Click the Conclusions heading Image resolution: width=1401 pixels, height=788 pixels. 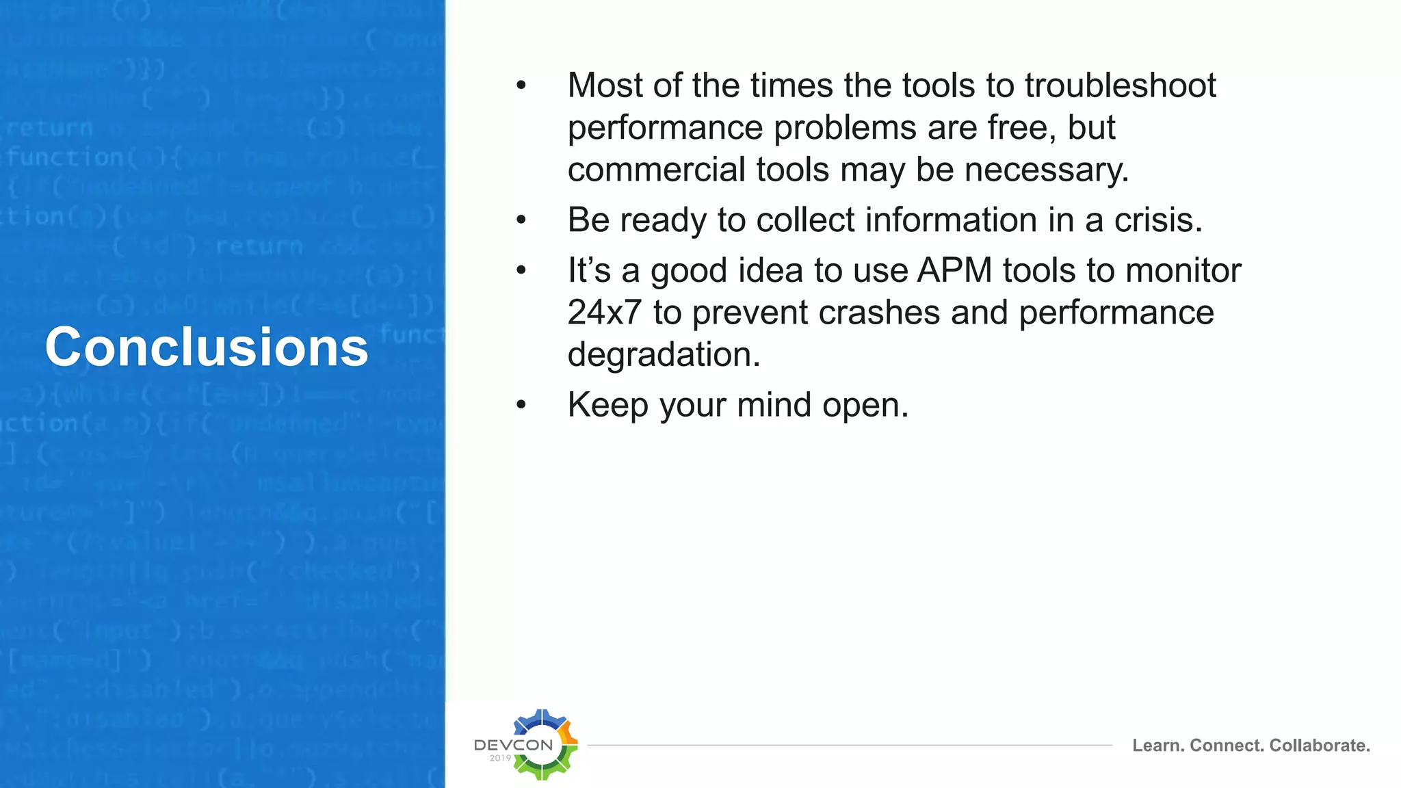point(207,347)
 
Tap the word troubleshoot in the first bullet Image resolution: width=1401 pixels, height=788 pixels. point(1120,86)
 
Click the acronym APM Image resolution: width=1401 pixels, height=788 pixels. point(954,270)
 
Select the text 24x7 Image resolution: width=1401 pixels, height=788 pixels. point(604,313)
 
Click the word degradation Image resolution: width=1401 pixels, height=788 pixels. point(663,355)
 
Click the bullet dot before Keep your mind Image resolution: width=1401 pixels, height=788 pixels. point(521,405)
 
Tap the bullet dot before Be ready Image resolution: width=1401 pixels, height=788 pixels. point(521,220)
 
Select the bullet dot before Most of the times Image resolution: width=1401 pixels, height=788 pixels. point(521,86)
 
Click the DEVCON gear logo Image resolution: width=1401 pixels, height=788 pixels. point(544,744)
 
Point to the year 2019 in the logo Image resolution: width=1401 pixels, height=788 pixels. point(500,758)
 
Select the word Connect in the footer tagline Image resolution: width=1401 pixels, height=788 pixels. point(1227,746)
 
